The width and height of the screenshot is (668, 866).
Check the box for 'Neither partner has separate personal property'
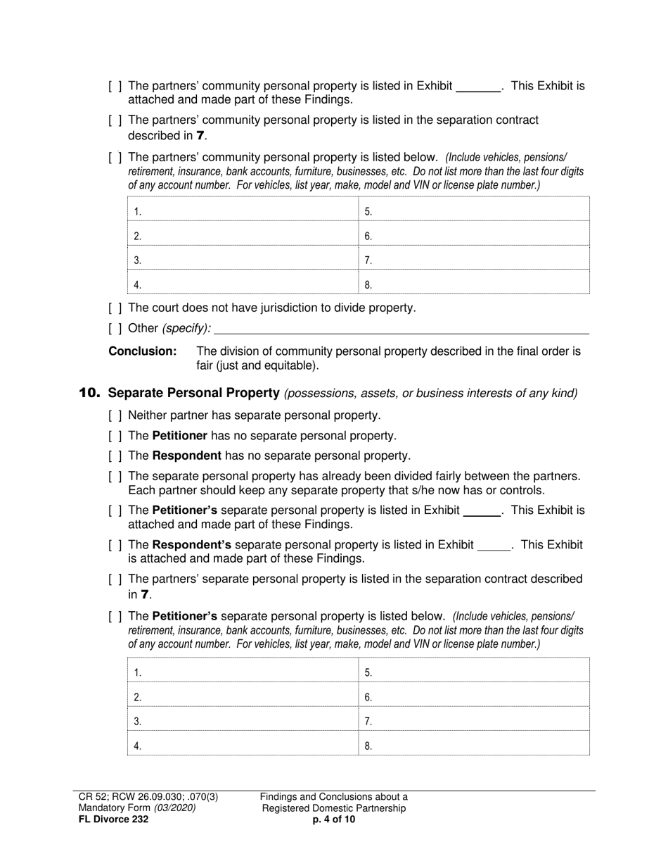116,415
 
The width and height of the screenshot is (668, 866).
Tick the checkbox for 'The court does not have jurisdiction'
116,308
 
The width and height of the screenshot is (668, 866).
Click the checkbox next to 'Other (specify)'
116,328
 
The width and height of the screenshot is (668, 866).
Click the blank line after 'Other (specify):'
401,328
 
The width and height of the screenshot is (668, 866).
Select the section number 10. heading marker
89,392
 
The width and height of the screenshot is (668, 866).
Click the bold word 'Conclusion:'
142,351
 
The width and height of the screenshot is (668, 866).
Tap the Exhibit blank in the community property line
478,87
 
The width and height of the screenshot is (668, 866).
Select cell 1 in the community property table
243,211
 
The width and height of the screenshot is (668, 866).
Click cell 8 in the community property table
474,284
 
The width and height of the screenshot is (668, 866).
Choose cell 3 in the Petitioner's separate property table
243,720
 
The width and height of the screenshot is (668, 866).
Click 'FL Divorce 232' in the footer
113,820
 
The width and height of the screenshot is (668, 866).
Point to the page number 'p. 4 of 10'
334,820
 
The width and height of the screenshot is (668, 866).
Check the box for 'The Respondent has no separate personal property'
116,456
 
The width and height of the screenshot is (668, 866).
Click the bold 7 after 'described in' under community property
201,135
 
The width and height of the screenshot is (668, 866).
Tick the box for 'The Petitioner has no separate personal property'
116,436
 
